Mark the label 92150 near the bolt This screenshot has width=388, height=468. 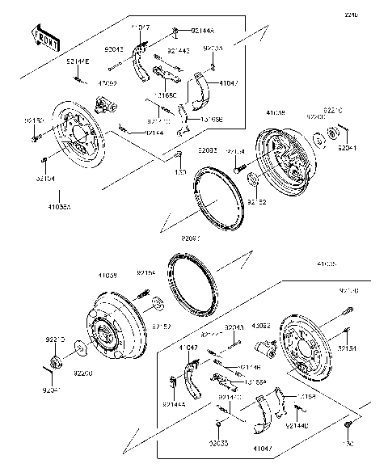coord(34,120)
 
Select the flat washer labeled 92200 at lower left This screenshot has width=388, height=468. coord(81,350)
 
